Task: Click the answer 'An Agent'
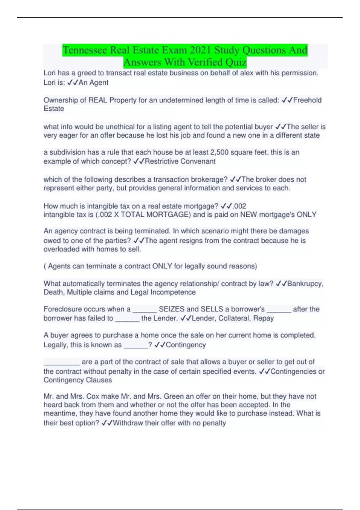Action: tap(93, 82)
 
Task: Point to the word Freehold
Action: tap(307, 100)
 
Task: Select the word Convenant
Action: tap(198, 161)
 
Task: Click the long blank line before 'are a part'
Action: tap(62, 362)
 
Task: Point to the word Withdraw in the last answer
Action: tap(128, 423)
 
